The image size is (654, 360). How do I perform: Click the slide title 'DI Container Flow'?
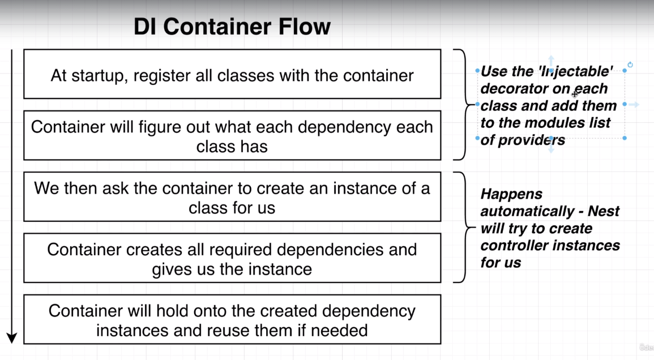232,27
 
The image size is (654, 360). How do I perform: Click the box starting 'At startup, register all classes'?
232,75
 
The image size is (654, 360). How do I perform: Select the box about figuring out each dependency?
232,136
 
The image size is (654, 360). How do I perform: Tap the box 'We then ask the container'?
232,197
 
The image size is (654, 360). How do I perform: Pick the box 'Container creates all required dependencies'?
232,258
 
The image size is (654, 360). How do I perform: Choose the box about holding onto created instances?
232,319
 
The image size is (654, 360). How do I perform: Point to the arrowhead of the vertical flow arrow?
12,338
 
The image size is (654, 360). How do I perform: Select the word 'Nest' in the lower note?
603,211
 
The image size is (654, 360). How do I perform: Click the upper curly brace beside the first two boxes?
463,105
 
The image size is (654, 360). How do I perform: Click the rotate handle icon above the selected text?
630,65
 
